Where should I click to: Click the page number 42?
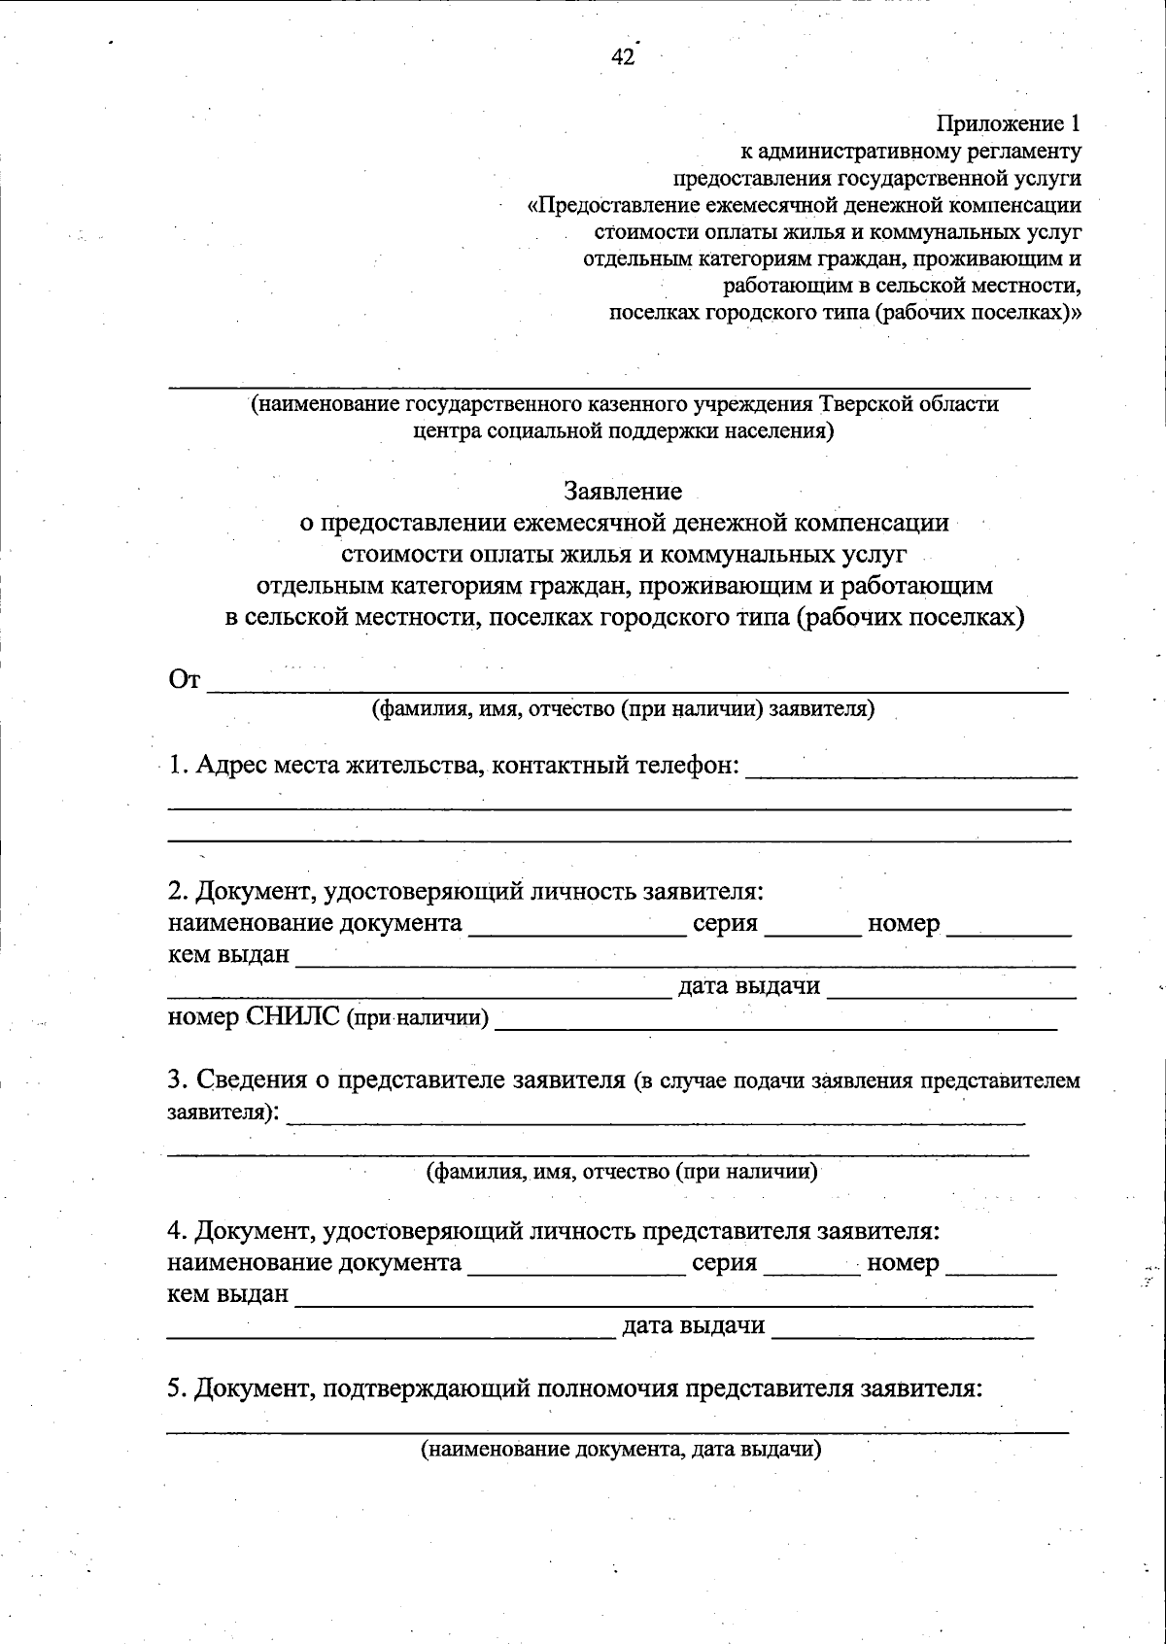tap(622, 57)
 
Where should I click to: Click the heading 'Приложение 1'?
tap(1008, 124)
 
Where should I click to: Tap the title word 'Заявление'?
tap(623, 492)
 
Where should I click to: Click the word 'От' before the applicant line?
tap(185, 680)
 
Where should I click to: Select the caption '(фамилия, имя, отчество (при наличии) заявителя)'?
tap(623, 709)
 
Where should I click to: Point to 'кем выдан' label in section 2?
tap(228, 955)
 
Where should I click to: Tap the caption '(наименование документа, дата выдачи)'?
tap(621, 1450)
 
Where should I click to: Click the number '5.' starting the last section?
tap(176, 1388)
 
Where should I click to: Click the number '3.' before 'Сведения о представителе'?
tap(177, 1080)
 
